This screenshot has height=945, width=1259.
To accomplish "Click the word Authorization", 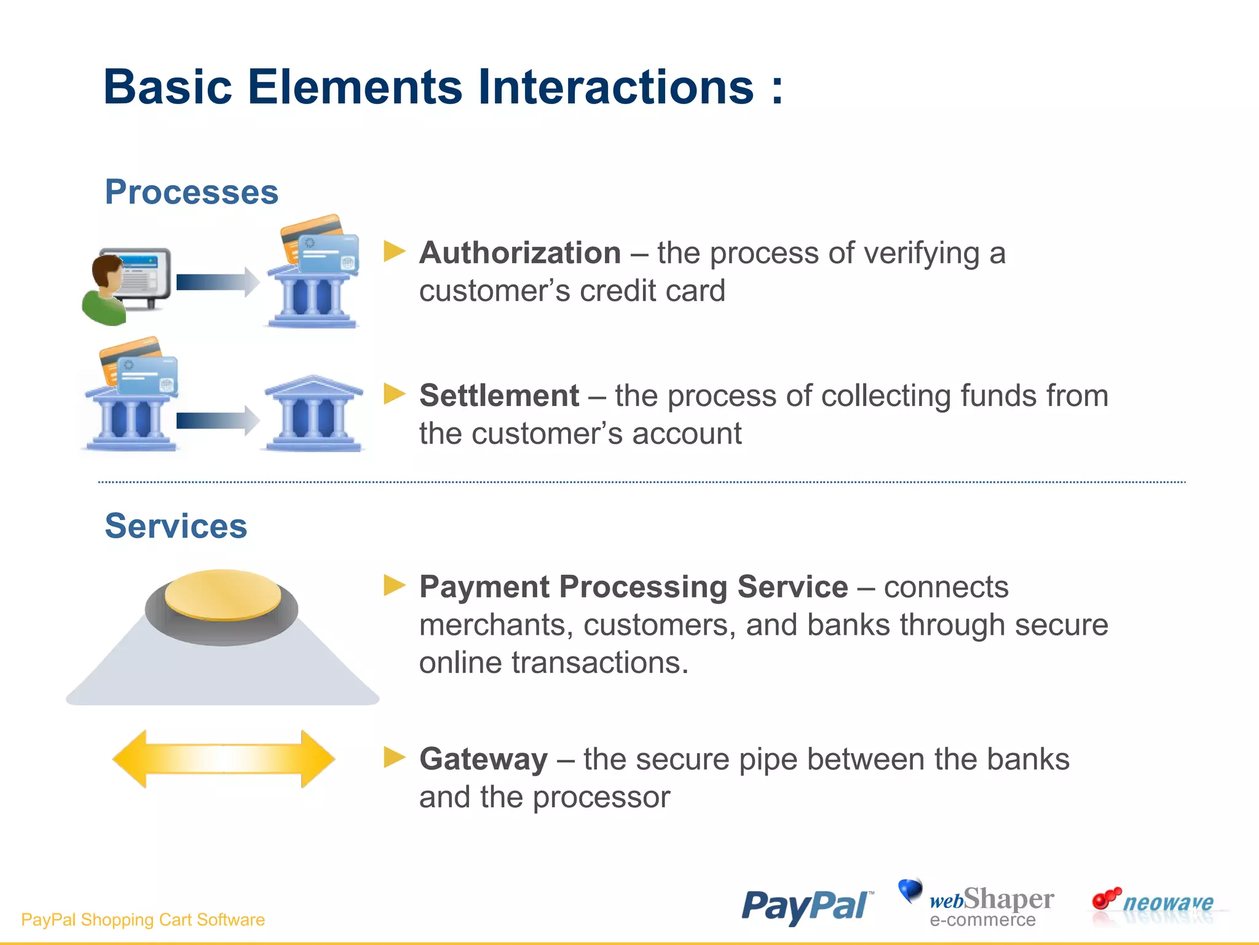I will click(x=519, y=253).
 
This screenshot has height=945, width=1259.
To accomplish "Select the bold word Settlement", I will click(x=499, y=396).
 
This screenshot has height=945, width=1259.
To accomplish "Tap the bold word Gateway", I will click(x=483, y=759).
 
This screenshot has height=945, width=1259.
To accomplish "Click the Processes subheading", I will click(x=191, y=192).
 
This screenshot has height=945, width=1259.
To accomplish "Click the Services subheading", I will click(x=176, y=526).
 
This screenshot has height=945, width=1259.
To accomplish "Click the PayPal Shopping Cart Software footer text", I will click(x=143, y=920).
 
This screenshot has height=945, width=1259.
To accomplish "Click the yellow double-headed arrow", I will click(x=224, y=759).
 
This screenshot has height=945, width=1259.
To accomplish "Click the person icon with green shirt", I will click(x=106, y=292).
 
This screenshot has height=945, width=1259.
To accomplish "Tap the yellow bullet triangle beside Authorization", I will click(x=394, y=251).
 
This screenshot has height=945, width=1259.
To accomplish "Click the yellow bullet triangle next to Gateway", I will click(x=394, y=757).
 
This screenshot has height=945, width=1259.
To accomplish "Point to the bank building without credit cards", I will click(x=314, y=414).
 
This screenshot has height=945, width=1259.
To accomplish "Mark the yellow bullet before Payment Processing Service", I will click(x=394, y=585).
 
